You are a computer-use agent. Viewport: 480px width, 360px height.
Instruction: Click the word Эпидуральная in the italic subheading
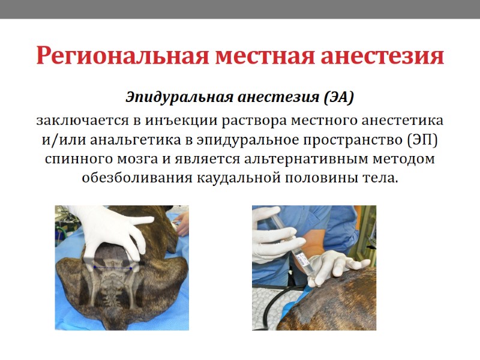[179, 97]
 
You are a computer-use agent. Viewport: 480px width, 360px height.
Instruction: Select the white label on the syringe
[302, 260]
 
